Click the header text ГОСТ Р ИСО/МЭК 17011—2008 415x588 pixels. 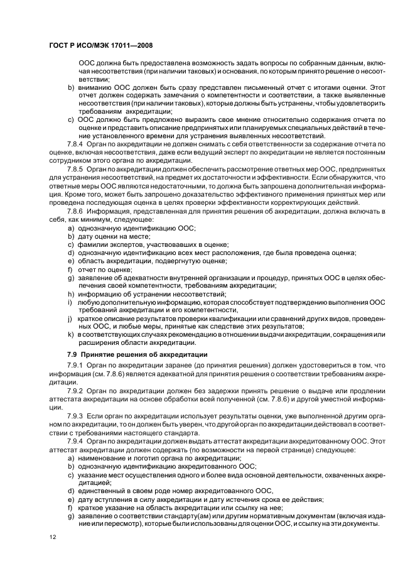pos(101,46)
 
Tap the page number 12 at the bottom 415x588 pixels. pos(53,538)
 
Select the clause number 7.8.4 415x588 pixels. pos(77,144)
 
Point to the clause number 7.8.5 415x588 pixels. pos(77,169)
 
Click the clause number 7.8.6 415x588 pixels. pos(77,210)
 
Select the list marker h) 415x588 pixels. pos(71,293)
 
